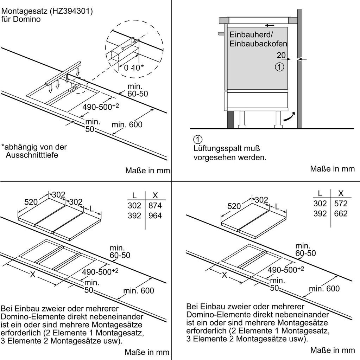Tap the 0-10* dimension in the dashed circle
tap(134, 67)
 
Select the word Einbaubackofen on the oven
tap(258, 44)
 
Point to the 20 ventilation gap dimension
tap(281, 55)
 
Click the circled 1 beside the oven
tap(279, 67)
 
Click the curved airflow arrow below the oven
tap(289, 117)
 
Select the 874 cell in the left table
tap(155, 205)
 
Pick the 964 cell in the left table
tap(155, 216)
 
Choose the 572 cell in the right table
tap(341, 204)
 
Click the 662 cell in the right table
tap(341, 213)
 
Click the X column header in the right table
tap(341, 193)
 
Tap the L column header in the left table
tap(134, 195)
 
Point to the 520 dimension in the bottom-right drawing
tap(234, 206)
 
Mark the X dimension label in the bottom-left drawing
tap(33, 274)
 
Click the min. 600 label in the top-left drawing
tap(127, 124)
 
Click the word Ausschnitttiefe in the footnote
tap(32, 155)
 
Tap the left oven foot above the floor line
tap(242, 120)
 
